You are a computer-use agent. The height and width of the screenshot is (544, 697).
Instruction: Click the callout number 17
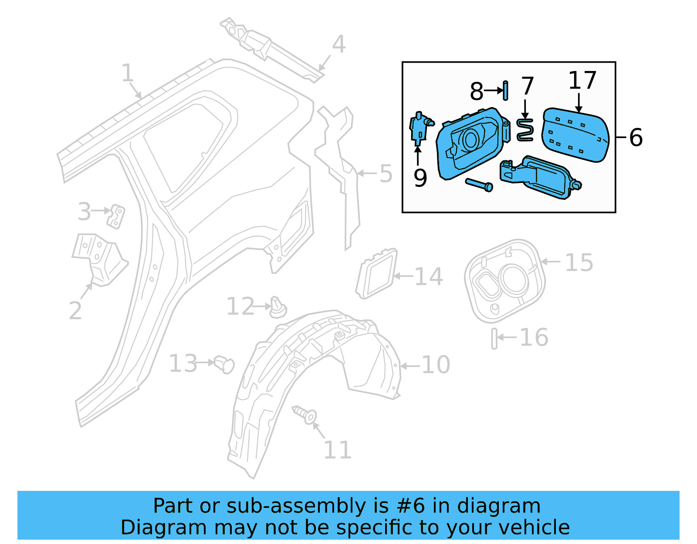582,81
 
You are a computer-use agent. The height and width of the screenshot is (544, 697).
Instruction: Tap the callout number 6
636,138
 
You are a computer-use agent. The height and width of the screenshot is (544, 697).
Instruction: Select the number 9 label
420,178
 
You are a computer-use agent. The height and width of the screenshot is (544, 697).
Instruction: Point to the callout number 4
338,44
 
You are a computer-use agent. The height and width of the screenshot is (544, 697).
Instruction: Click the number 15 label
579,263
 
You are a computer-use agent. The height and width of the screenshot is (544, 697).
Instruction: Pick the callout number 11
337,450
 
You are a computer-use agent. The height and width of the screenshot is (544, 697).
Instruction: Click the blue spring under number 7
525,130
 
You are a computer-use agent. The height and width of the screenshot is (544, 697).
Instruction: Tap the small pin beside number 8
505,90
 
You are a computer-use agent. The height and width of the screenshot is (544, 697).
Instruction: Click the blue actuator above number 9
420,127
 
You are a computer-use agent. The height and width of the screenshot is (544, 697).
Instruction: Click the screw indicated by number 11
305,415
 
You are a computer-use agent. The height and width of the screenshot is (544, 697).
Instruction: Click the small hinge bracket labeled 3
116,216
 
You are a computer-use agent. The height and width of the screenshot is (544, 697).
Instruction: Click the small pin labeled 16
494,338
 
